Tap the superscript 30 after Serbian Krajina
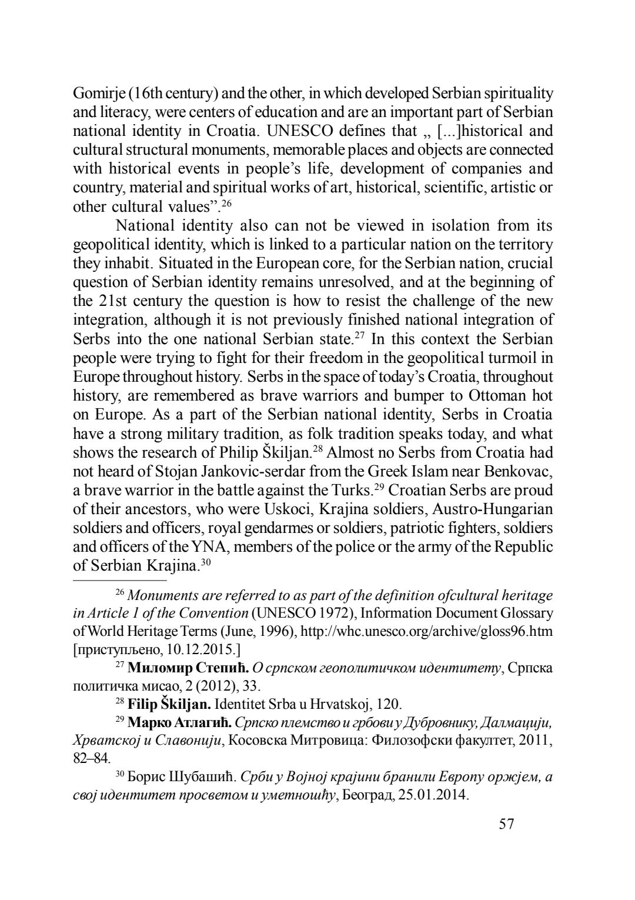(206, 562)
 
